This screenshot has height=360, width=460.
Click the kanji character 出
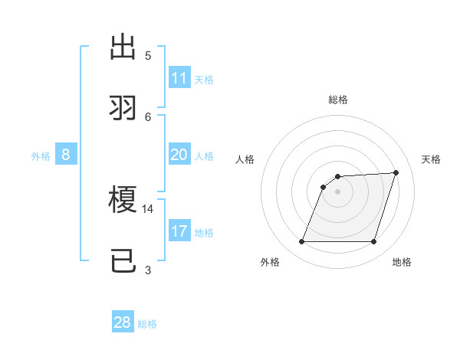(x=123, y=47)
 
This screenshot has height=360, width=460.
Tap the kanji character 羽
(x=123, y=108)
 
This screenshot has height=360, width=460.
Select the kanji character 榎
(x=123, y=201)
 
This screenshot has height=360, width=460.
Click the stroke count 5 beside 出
(x=148, y=55)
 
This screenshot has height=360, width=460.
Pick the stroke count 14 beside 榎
(x=148, y=208)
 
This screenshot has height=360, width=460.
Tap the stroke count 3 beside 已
(x=148, y=270)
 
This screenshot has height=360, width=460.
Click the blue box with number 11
(x=179, y=78)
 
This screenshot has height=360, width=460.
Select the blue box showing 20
(x=179, y=155)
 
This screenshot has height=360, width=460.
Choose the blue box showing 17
(x=179, y=231)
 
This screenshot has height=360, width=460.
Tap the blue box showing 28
(x=123, y=322)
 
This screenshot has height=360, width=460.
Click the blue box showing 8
(x=66, y=155)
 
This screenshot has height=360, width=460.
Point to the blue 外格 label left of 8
(x=41, y=156)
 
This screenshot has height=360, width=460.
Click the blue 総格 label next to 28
(x=147, y=324)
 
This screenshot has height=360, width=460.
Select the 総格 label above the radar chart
(x=337, y=100)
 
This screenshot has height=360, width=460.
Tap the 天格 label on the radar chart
(x=431, y=159)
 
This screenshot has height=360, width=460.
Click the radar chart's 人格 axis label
(x=245, y=159)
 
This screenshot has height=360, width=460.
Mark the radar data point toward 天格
(x=396, y=172)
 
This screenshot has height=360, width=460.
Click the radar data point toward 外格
(x=301, y=242)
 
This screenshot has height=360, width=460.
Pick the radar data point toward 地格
(x=373, y=242)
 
